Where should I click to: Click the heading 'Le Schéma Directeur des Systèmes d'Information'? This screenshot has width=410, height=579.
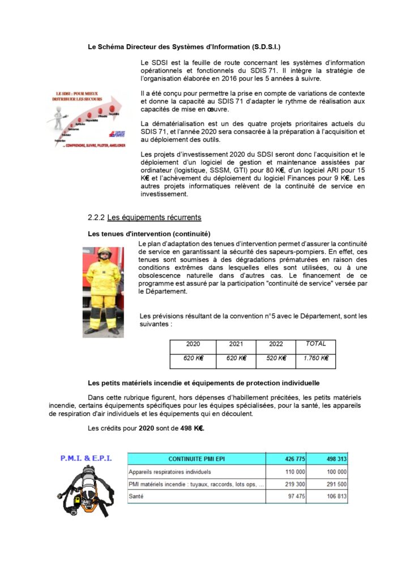pyautogui.click(x=184, y=47)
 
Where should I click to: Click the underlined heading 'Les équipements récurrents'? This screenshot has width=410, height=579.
pyautogui.click(x=154, y=217)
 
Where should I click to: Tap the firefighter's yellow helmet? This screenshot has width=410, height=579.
pyautogui.click(x=104, y=251)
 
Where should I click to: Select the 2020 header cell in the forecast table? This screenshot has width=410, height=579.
pyautogui.click(x=193, y=344)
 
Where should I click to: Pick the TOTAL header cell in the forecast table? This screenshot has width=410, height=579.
pyautogui.click(x=316, y=344)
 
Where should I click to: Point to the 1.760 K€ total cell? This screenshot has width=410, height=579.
pyautogui.click(x=316, y=358)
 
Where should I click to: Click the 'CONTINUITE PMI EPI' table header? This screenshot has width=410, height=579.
pyautogui.click(x=197, y=459)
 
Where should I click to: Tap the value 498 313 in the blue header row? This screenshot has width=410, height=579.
pyautogui.click(x=335, y=459)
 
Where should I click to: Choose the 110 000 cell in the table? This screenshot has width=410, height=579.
pyautogui.click(x=294, y=472)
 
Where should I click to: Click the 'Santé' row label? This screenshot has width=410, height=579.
pyautogui.click(x=136, y=496)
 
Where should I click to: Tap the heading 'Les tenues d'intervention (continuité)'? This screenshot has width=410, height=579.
pyautogui.click(x=149, y=234)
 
